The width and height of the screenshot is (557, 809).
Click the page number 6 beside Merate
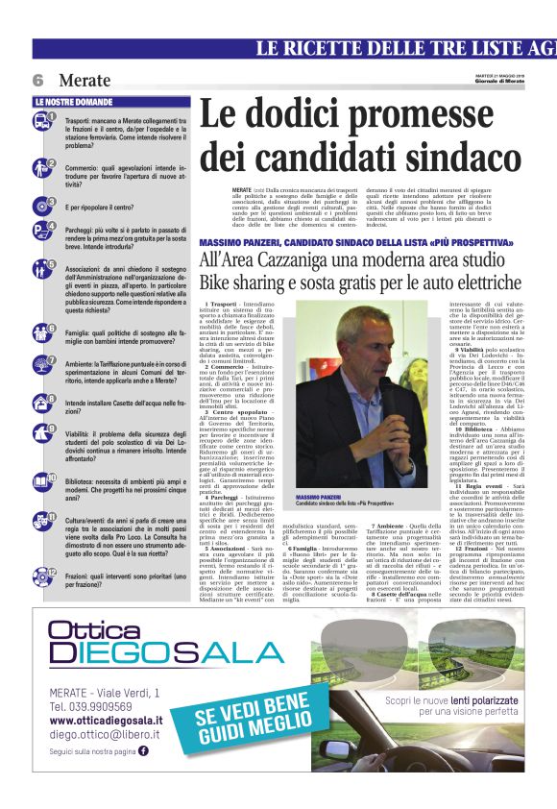pyautogui.click(x=38, y=81)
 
